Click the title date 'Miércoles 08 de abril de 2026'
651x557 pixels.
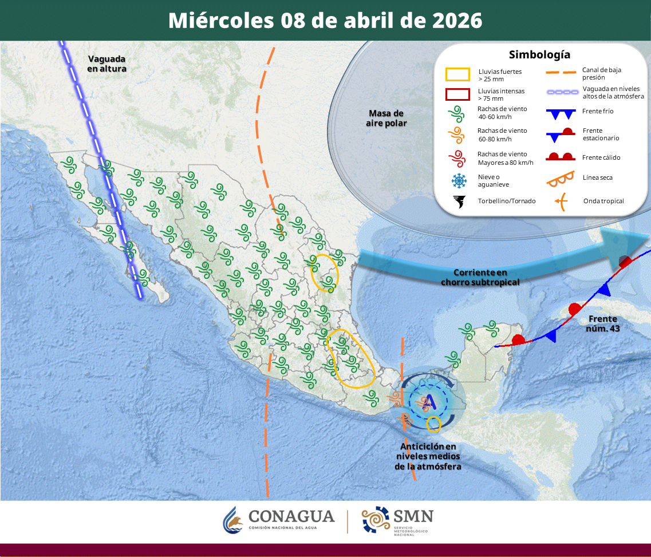325,21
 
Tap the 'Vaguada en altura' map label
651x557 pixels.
106,64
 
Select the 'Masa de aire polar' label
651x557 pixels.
385,118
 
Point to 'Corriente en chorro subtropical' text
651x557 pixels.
480,278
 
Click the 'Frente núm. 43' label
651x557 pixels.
603,324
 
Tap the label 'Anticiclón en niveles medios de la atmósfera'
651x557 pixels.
428,456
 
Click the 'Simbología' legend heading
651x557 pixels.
539,55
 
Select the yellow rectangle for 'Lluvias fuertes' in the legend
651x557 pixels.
458,74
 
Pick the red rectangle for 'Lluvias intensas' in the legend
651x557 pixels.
458,94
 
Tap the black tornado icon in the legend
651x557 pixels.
459,201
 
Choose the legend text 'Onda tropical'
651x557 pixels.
603,201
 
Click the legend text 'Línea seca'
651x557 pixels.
598,177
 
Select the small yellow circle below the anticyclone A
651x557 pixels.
434,424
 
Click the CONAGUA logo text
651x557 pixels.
291,516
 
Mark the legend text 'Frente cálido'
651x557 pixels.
601,157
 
